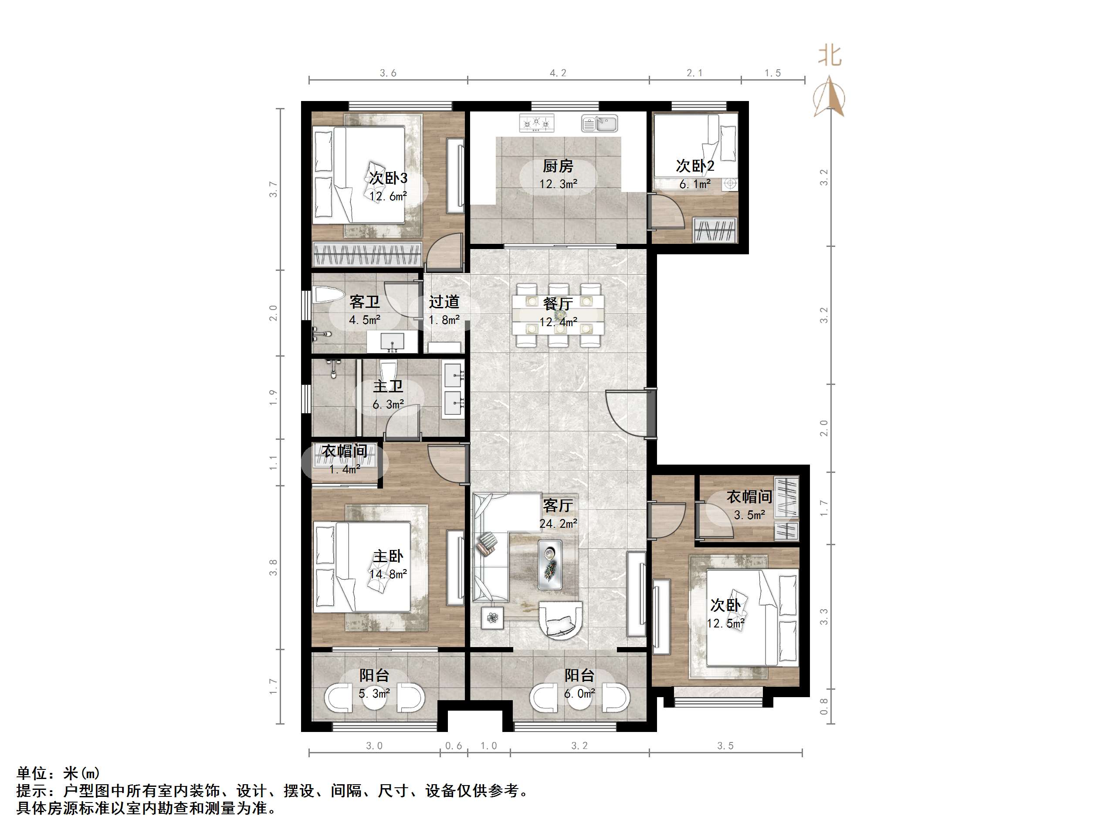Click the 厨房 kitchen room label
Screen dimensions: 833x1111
click(558, 166)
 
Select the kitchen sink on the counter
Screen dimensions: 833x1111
click(599, 123)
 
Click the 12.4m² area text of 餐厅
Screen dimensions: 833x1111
click(558, 322)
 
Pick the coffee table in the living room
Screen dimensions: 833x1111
click(550, 564)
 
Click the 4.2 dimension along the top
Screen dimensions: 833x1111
click(558, 73)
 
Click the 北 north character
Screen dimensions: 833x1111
click(829, 55)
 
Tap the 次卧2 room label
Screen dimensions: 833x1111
click(694, 166)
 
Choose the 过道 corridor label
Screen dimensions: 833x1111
click(444, 302)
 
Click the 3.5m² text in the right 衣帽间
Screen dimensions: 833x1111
click(749, 515)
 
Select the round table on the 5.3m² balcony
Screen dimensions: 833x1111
click(374, 699)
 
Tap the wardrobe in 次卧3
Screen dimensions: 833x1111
click(367, 254)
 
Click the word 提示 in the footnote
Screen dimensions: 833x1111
click(32, 791)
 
